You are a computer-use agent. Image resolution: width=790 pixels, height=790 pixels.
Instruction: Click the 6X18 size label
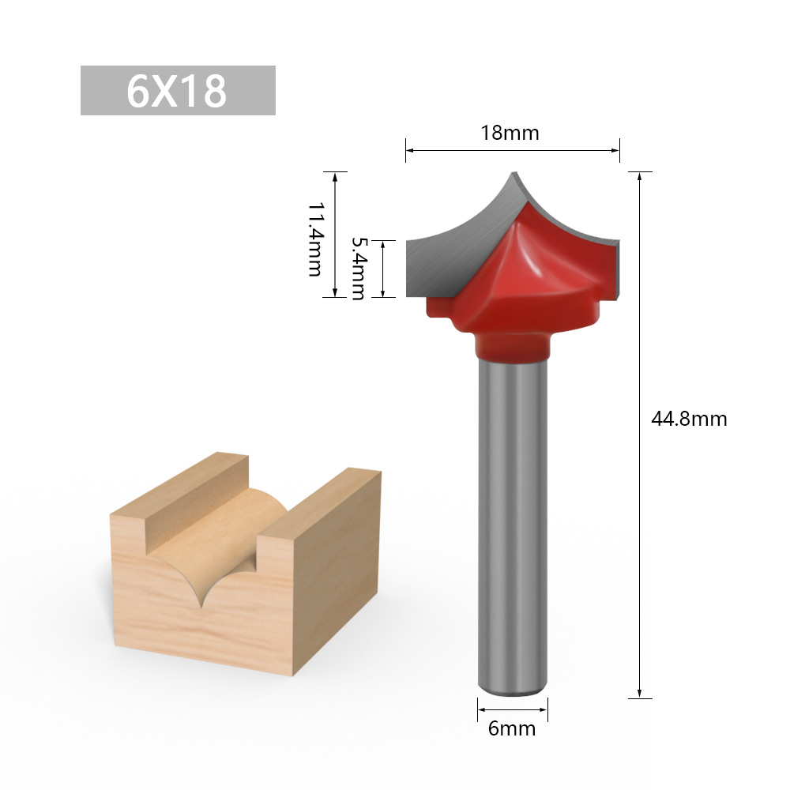pyautogui.click(x=178, y=91)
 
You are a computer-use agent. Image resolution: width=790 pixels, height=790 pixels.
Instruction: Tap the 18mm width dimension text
pyautogui.click(x=510, y=133)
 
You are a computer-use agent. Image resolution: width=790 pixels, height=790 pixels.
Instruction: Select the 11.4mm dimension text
pyautogui.click(x=314, y=238)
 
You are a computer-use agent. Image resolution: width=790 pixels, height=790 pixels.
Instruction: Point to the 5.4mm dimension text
pyautogui.click(x=358, y=269)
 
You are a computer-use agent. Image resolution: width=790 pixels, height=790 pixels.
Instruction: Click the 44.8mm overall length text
pyautogui.click(x=688, y=419)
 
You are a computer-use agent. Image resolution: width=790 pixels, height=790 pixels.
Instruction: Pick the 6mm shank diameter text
pyautogui.click(x=511, y=728)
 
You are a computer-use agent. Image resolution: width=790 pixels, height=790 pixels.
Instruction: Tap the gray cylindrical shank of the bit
pyautogui.click(x=512, y=521)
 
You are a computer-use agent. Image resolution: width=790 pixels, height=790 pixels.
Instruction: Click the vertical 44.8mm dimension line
pyautogui.click(x=639, y=434)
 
